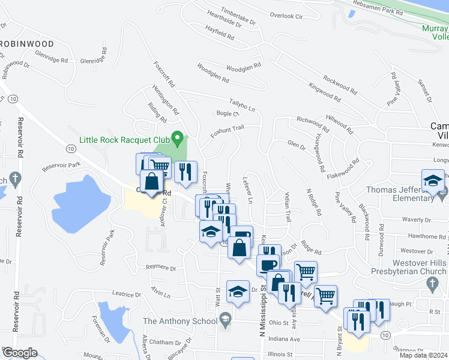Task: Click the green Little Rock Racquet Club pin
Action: pos(177,139)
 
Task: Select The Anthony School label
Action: pos(180,321)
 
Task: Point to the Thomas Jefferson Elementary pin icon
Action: pos(442,195)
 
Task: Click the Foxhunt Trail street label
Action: pos(227,131)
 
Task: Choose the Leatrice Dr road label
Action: pos(126,295)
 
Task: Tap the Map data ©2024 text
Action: pos(424,355)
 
